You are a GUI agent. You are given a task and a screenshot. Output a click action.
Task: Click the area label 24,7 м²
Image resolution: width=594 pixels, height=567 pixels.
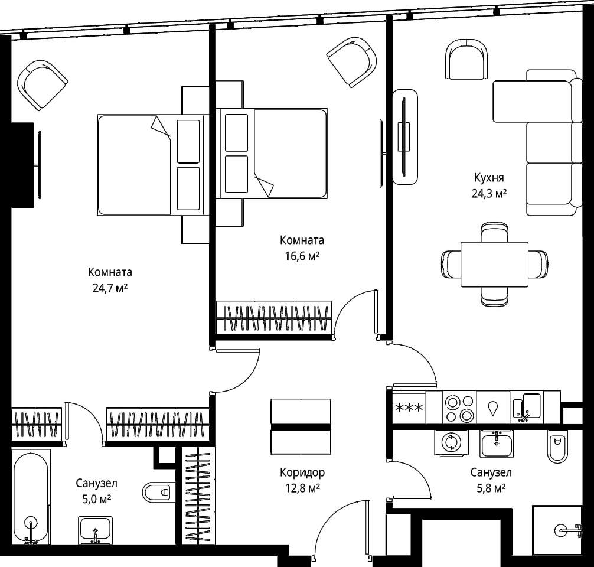110,289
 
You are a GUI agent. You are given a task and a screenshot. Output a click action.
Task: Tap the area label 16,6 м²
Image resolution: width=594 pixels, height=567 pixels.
302,256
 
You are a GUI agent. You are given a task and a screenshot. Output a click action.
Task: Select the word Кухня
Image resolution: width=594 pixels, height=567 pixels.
489,177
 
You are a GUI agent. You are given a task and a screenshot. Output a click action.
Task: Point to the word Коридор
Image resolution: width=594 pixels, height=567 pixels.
302,472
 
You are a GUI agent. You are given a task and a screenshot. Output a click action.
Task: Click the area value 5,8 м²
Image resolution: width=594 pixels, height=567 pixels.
491,488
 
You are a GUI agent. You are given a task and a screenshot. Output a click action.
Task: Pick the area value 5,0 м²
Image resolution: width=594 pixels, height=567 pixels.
97,500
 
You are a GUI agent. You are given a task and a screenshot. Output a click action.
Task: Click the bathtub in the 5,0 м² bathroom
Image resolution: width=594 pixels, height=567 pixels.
31,497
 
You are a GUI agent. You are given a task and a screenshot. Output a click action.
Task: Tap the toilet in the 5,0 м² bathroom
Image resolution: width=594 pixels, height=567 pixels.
158,493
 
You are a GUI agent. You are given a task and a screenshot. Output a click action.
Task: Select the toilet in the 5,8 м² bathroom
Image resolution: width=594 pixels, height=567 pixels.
557,447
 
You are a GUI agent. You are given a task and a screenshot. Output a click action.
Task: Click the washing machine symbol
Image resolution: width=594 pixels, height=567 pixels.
451,443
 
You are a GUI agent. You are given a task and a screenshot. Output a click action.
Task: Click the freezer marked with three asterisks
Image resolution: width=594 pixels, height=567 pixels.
409,408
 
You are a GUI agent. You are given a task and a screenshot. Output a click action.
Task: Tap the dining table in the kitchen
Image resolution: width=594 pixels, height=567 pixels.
494,265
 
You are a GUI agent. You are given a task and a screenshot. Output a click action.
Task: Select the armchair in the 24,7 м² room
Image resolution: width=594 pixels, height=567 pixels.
43,85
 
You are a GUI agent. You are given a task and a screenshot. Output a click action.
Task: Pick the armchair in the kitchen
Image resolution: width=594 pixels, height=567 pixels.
467,59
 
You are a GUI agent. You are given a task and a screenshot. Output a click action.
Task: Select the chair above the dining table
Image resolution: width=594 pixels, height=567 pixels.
494,233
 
